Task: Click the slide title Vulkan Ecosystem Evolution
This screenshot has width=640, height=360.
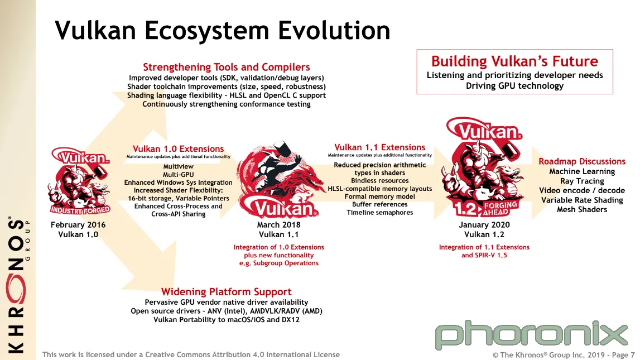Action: click(x=223, y=31)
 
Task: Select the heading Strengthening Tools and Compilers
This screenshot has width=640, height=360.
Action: click(x=226, y=67)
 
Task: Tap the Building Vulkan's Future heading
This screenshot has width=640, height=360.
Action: click(x=514, y=61)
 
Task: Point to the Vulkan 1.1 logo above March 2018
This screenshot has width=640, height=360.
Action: click(x=279, y=180)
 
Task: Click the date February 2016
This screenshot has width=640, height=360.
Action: click(x=78, y=224)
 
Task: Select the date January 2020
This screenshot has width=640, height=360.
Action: click(x=484, y=224)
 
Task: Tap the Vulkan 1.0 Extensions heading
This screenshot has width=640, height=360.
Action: click(x=178, y=148)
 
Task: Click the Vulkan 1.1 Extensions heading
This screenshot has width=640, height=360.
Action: click(x=379, y=147)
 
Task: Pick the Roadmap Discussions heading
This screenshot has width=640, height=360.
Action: click(x=581, y=161)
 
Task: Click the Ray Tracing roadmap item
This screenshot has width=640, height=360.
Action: click(x=581, y=181)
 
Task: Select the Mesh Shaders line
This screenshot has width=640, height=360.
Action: click(x=581, y=209)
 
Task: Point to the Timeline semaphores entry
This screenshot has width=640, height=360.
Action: click(x=379, y=212)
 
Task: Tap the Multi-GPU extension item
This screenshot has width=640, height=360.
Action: click(x=179, y=174)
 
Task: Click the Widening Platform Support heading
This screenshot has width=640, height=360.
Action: click(x=226, y=292)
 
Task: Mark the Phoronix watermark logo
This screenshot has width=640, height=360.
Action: click(x=531, y=335)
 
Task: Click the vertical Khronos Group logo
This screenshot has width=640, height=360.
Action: click(x=17, y=285)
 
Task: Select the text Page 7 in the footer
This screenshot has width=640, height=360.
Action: click(x=623, y=355)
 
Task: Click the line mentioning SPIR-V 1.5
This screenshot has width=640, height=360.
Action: click(x=484, y=255)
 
